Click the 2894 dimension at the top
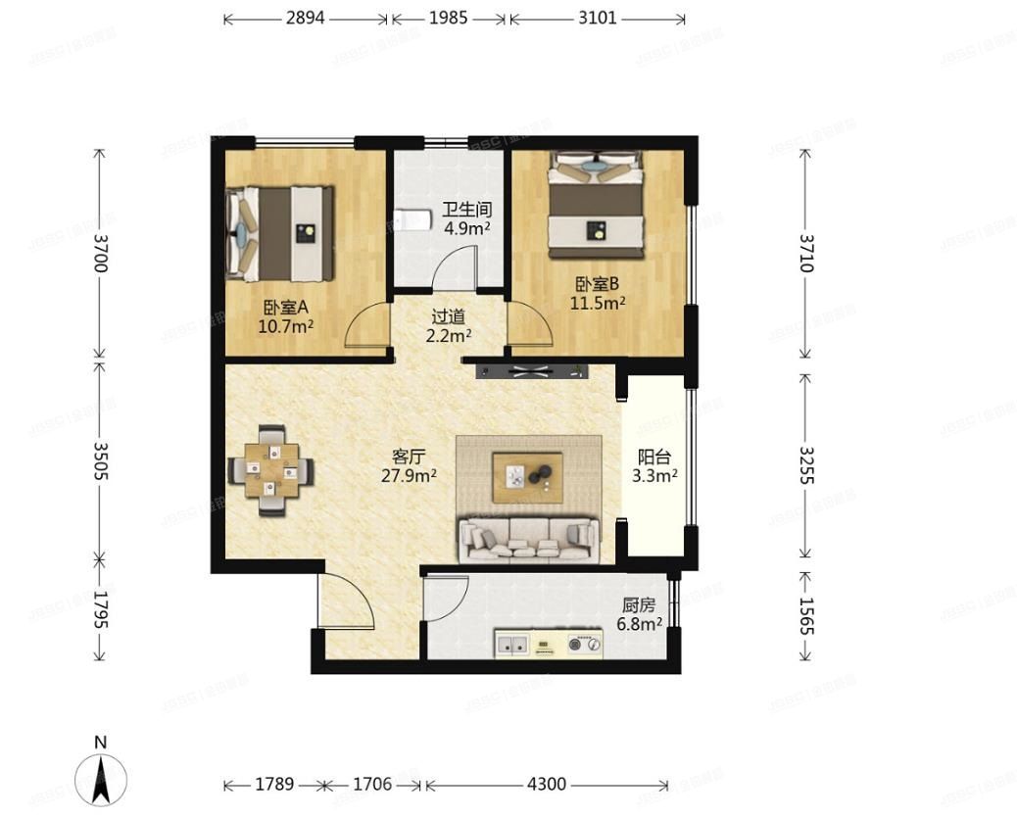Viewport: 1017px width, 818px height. click(306, 19)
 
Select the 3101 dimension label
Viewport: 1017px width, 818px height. click(597, 19)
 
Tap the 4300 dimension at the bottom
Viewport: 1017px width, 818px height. click(547, 784)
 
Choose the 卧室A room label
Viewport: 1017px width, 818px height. click(285, 307)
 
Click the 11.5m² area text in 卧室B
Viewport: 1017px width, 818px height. click(598, 303)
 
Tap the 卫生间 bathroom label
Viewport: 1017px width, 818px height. click(466, 210)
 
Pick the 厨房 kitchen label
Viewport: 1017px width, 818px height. click(639, 605)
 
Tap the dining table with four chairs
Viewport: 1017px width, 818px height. click(272, 470)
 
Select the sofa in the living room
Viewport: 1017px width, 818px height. click(529, 539)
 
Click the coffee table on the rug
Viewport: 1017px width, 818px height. click(527, 476)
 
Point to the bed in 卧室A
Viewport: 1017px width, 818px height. click(280, 231)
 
